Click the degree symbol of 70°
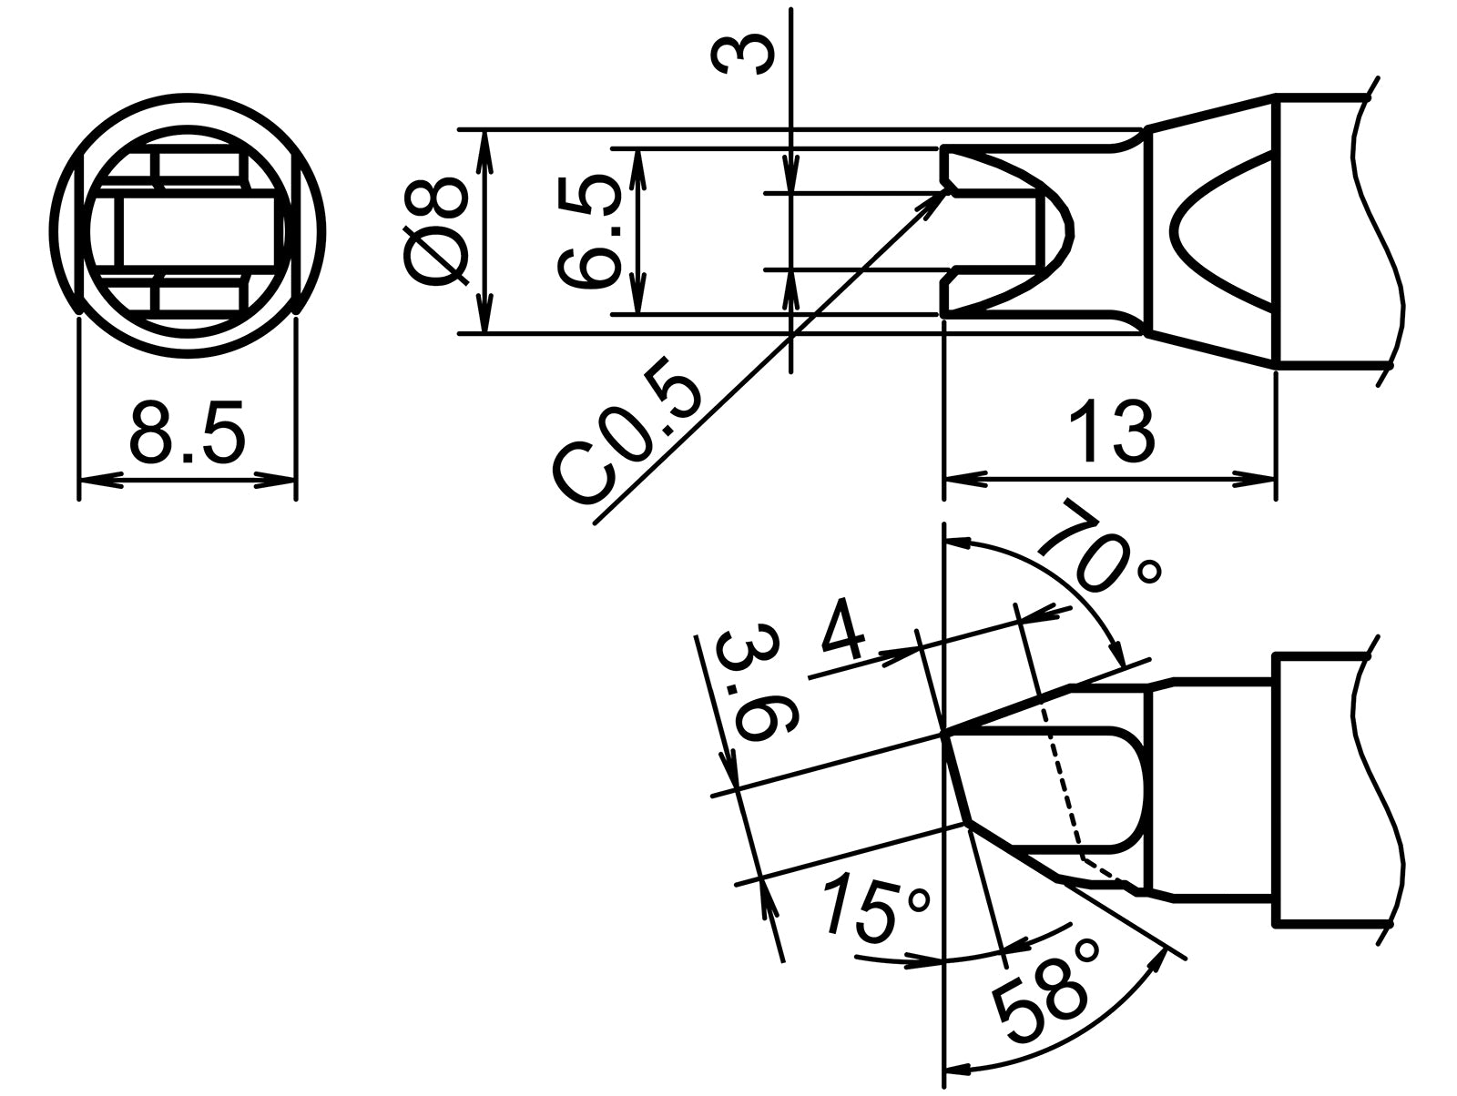(1149, 573)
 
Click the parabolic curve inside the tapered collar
(1184, 232)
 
